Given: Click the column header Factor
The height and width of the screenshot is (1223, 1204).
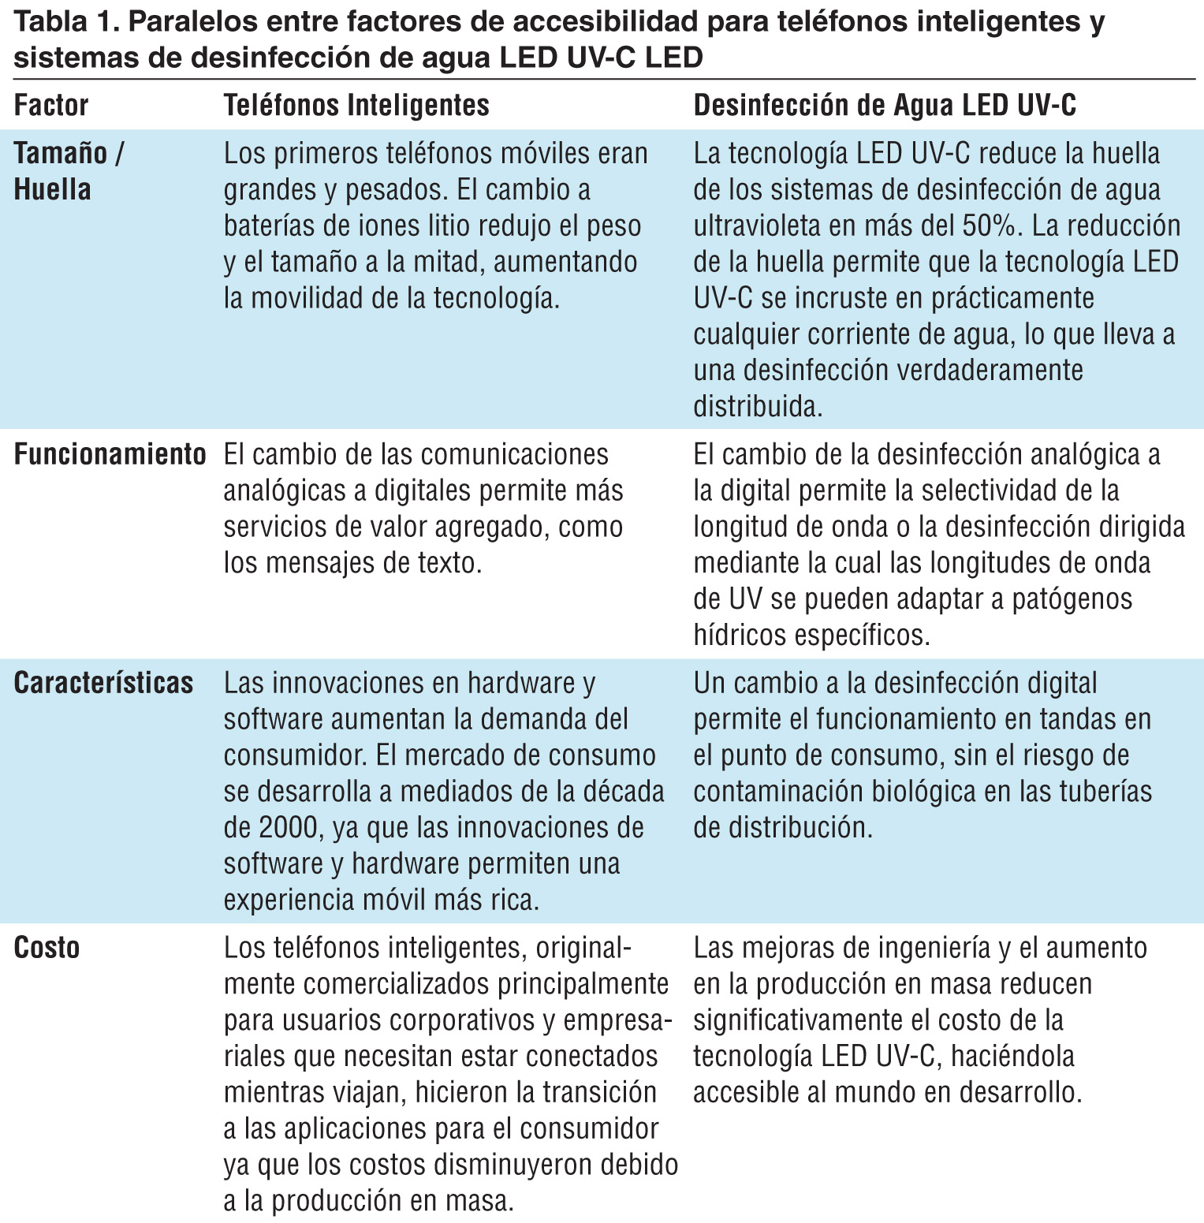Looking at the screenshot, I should coord(51,106).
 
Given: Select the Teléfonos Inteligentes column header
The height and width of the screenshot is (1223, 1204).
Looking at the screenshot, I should coord(356,106).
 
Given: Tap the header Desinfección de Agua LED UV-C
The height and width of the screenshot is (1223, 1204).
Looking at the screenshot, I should coord(884,106).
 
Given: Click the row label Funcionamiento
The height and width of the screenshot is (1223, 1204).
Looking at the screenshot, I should coord(110,455).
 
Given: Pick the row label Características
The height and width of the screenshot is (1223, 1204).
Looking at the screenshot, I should coord(103,683).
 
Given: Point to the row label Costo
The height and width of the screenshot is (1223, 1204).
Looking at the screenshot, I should coord(47,948).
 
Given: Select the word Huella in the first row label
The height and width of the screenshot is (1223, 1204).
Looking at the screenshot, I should coord(52,190).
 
